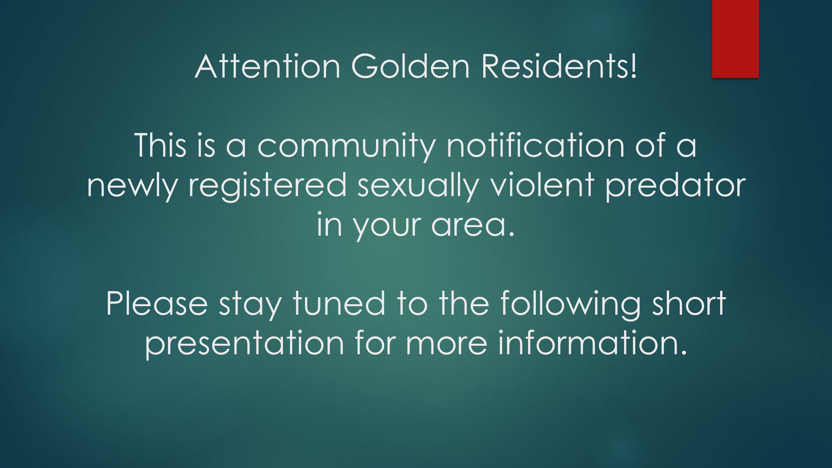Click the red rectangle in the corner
[735, 39]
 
